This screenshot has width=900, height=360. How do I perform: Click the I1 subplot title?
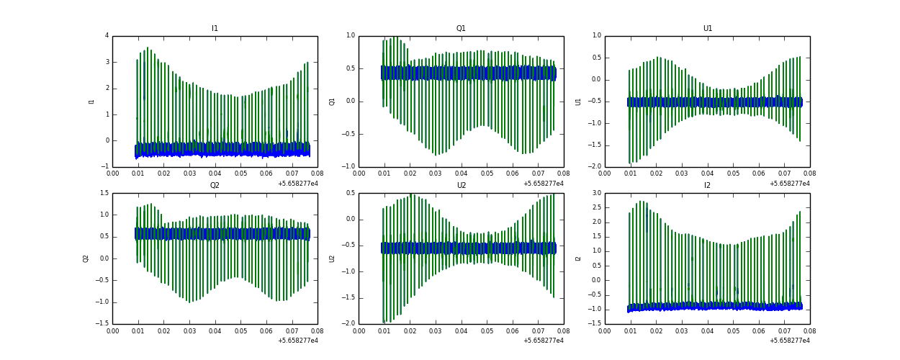(215, 29)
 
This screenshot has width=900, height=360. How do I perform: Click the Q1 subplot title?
(461, 29)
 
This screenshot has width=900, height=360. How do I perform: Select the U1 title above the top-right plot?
(708, 29)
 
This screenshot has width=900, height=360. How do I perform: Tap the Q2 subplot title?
(215, 186)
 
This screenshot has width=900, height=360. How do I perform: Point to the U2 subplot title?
(461, 186)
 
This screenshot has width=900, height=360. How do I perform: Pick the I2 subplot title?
(708, 186)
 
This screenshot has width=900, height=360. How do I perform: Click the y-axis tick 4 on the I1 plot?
(107, 36)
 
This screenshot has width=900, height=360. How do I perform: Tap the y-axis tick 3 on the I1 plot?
(107, 62)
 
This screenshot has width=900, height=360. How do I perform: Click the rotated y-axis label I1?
(91, 102)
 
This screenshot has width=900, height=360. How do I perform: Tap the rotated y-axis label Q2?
(86, 258)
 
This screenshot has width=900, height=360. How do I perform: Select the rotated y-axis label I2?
(578, 258)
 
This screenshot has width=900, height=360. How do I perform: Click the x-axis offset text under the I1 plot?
(297, 184)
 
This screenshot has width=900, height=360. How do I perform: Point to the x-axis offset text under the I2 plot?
(790, 341)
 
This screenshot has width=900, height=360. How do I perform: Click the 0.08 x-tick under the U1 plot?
(809, 174)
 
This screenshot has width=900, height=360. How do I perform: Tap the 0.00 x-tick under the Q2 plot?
(113, 330)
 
